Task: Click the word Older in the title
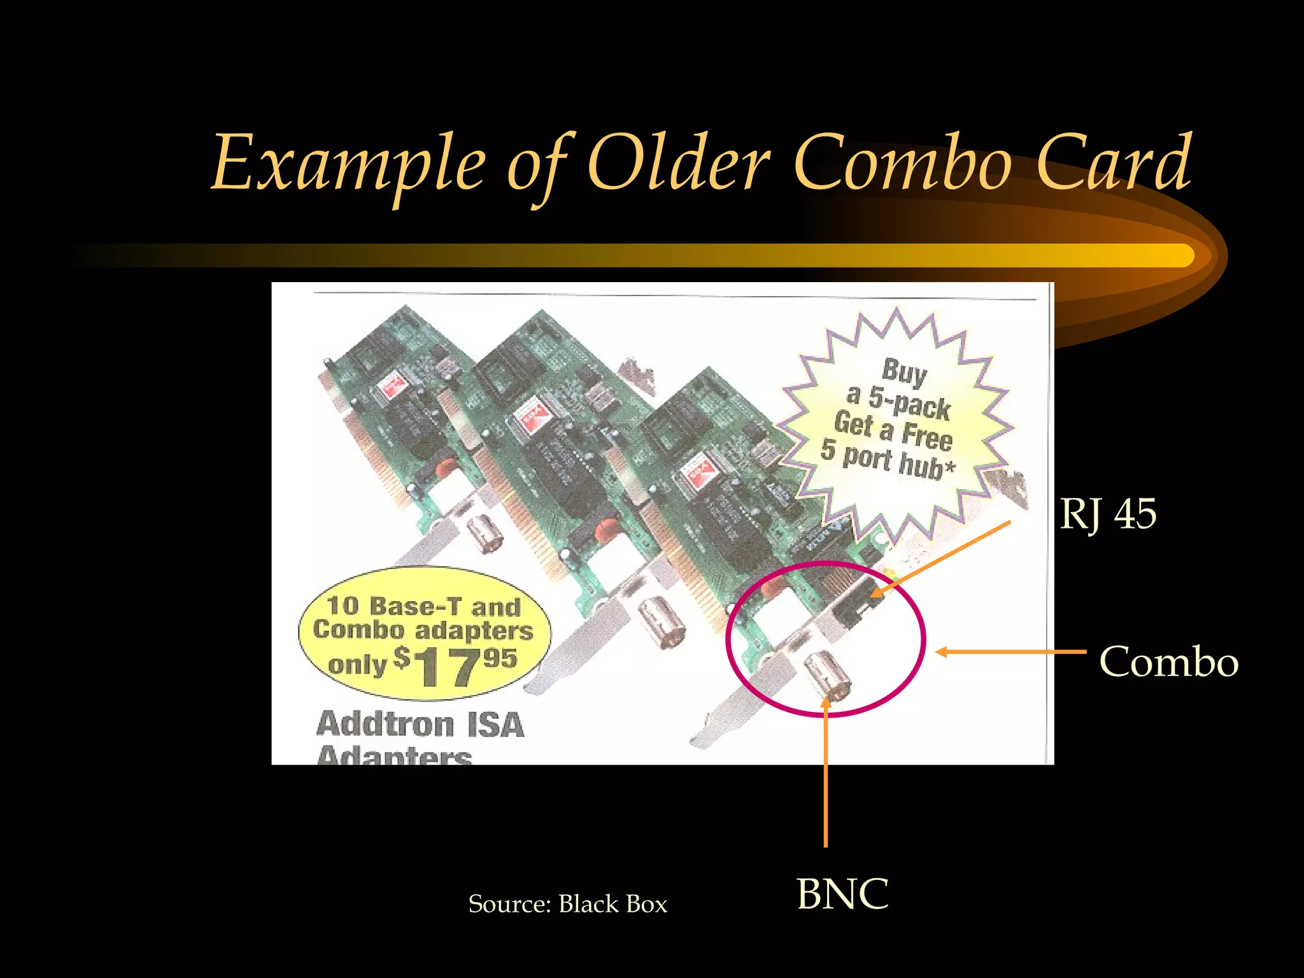click(x=678, y=164)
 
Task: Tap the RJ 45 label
click(x=1108, y=514)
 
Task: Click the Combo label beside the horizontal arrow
click(x=1168, y=662)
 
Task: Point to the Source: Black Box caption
click(x=567, y=904)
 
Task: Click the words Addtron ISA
click(x=420, y=725)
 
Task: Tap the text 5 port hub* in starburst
click(x=888, y=460)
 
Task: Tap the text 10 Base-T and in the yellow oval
click(x=423, y=607)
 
